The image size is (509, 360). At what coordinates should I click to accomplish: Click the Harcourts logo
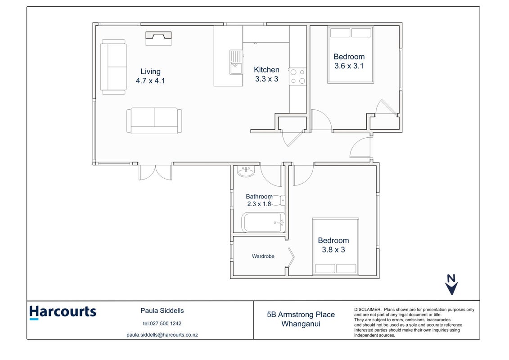[x=63, y=312]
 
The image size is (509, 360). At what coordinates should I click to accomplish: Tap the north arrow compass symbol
[x=451, y=285]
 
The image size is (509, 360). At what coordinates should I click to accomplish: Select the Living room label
[x=150, y=72]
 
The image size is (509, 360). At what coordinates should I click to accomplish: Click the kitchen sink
[x=236, y=62]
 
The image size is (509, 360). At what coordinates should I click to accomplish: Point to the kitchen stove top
[x=297, y=76]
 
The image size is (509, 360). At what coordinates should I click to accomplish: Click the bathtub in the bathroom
[x=263, y=222]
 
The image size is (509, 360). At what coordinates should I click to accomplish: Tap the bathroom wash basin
[x=246, y=171]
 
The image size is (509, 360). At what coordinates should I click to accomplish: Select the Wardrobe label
[x=263, y=256]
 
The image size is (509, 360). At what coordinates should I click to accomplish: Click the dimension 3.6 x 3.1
[x=349, y=66]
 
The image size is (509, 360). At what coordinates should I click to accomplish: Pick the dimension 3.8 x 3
[x=333, y=250]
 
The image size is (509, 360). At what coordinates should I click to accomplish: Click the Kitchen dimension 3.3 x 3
[x=266, y=79]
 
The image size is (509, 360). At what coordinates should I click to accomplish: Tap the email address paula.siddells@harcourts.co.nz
[x=162, y=335]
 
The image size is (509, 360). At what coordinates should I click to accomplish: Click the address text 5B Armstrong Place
[x=301, y=314]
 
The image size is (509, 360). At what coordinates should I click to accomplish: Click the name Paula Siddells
[x=162, y=310]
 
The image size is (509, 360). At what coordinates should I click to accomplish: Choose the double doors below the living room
[x=155, y=172]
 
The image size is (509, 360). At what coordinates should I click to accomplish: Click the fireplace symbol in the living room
[x=158, y=39]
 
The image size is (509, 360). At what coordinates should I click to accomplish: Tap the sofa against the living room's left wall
[x=113, y=67]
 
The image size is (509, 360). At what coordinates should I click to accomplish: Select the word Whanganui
[x=301, y=324]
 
